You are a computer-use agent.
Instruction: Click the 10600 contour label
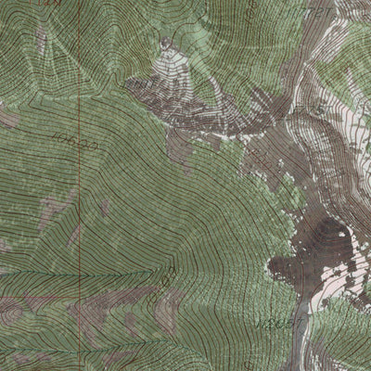pyautogui.click(x=75, y=142)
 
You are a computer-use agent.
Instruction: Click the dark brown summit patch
pyautogui.click(x=320, y=243)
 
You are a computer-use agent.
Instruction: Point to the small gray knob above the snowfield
pyautogui.click(x=167, y=42)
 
